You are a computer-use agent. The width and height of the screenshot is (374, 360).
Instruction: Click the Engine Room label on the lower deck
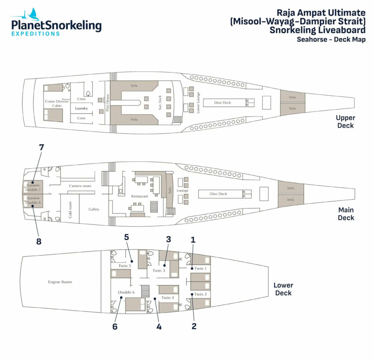pyautogui.click(x=60, y=282)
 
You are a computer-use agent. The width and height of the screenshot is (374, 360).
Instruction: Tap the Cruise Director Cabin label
pyautogui.click(x=57, y=103)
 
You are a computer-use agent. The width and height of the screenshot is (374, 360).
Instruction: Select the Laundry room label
pyautogui.click(x=81, y=109)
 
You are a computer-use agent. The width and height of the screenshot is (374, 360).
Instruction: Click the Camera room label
pyautogui.click(x=80, y=186)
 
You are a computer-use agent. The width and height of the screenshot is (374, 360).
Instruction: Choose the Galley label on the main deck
pyautogui.click(x=93, y=209)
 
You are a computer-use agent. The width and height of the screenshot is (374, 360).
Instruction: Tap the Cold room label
pyautogui.click(x=70, y=210)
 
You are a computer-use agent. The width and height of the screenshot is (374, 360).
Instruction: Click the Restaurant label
pyautogui.click(x=140, y=196)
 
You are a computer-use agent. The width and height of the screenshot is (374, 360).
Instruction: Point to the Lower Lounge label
pyautogui.click(x=198, y=102)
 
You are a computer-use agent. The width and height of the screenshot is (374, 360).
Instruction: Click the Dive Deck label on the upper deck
pyautogui.click(x=222, y=103)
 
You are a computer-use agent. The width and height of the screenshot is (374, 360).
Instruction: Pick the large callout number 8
pyautogui.click(x=38, y=242)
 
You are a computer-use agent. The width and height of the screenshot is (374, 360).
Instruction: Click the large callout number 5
pyautogui.click(x=126, y=237)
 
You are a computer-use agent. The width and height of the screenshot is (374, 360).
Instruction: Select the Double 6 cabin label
pyautogui.click(x=126, y=292)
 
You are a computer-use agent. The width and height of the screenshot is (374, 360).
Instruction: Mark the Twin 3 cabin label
pyautogui.click(x=159, y=270)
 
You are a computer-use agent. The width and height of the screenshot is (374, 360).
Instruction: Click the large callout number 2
pyautogui.click(x=194, y=326)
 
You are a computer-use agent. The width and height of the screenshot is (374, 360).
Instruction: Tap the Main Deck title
pyautogui.click(x=346, y=214)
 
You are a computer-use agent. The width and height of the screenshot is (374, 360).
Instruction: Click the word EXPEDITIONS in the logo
pyautogui.click(x=35, y=33)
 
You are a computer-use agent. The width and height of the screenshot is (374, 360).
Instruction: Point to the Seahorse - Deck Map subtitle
pyautogui.click(x=331, y=39)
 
